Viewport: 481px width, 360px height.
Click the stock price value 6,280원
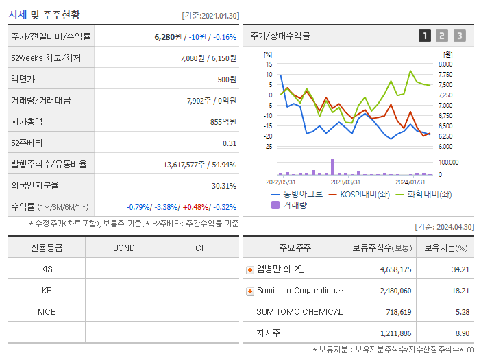[168, 37]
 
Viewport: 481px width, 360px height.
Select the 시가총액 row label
[27, 121]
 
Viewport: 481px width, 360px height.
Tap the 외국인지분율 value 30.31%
[223, 185]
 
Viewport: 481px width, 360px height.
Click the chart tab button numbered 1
[425, 36]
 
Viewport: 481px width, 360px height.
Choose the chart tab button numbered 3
[459, 36]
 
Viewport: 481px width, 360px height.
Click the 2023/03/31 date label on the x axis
[345, 182]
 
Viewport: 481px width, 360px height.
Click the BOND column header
[123, 248]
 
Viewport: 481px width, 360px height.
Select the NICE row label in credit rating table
[47, 312]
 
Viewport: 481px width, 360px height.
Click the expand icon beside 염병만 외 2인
[250, 270]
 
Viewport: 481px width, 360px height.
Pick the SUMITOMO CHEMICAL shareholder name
[299, 312]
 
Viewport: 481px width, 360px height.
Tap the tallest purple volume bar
[333, 167]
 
